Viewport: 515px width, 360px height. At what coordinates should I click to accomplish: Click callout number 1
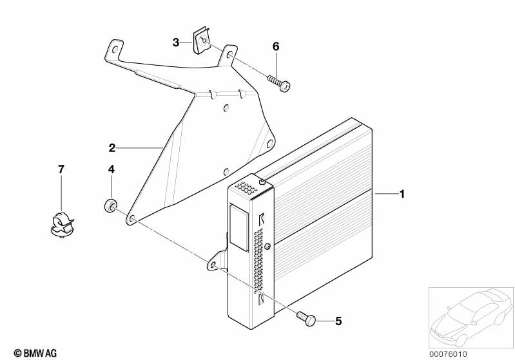[402, 194]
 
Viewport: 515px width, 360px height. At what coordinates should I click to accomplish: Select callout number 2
[112, 148]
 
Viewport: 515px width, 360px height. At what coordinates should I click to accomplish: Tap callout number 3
[175, 43]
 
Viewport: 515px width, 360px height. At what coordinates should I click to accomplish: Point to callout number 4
[111, 169]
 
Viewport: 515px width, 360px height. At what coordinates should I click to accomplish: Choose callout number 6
[276, 46]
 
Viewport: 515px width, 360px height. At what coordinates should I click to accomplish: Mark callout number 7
[61, 169]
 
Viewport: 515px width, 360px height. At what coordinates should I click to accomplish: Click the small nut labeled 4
[111, 206]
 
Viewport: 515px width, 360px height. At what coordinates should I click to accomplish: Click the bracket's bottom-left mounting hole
[131, 220]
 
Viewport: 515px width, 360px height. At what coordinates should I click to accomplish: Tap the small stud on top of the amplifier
[262, 183]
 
